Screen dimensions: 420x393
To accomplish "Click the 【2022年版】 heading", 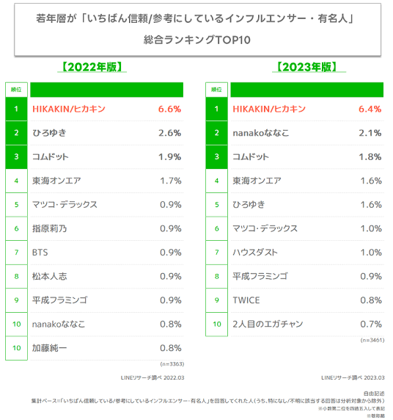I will tap(92, 67).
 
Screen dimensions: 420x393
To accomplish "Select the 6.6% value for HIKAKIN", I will tap(168, 109).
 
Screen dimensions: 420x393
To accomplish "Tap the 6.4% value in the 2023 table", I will tap(368, 109).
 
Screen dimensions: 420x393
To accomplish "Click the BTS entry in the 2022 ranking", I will tap(41, 253).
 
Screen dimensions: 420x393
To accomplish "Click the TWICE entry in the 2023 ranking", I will tap(246, 300).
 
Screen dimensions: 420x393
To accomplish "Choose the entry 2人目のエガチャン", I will tap(268, 324).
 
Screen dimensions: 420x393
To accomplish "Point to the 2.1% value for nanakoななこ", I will tap(368, 133).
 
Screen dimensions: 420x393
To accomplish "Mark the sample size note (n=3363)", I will tap(172, 363).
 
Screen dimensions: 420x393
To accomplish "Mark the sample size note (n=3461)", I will tap(371, 340).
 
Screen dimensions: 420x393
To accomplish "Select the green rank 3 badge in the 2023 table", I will tap(216, 156).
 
